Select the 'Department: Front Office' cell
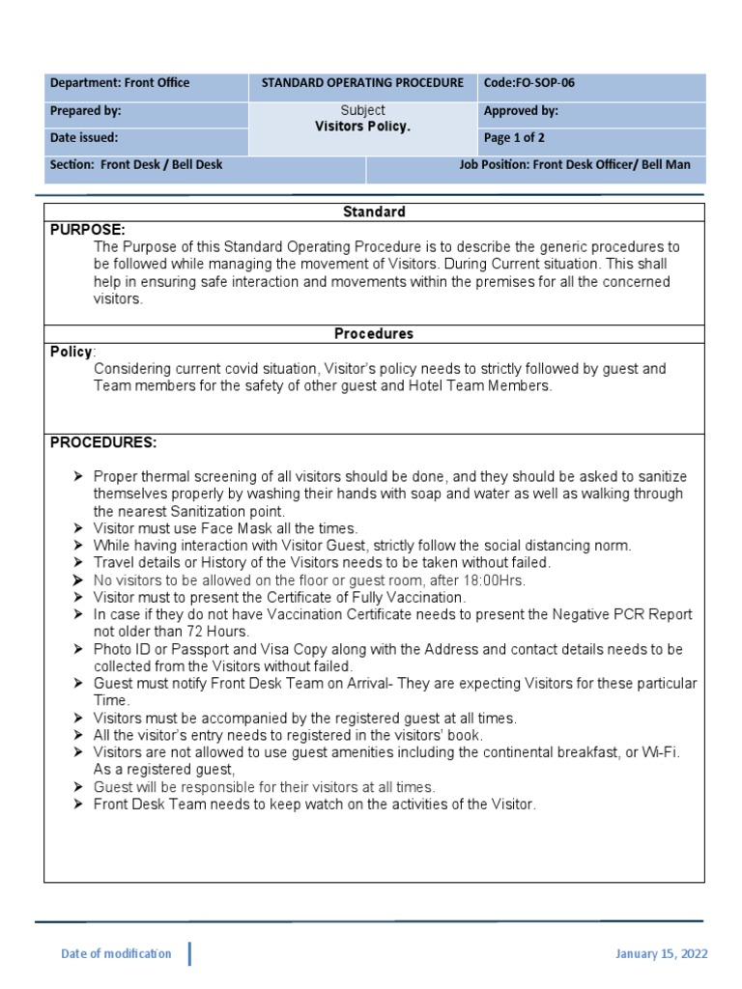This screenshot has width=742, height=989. pyautogui.click(x=120, y=83)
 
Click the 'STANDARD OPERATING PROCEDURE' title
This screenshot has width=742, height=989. pyautogui.click(x=362, y=83)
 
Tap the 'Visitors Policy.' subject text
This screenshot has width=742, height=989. pyautogui.click(x=362, y=127)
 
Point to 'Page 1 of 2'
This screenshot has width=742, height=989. pyautogui.click(x=514, y=138)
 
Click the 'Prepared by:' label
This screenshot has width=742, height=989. pyautogui.click(x=85, y=111)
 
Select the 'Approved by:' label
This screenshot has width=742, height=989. pyautogui.click(x=521, y=111)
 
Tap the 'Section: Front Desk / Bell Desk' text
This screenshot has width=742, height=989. pyautogui.click(x=136, y=165)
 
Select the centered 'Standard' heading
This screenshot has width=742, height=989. pyautogui.click(x=374, y=212)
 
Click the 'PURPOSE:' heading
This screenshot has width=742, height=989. pyautogui.click(x=87, y=230)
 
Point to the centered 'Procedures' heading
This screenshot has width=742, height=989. pyautogui.click(x=374, y=333)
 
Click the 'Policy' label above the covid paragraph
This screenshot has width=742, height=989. pyautogui.click(x=71, y=352)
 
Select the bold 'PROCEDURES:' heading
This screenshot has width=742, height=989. pyautogui.click(x=102, y=442)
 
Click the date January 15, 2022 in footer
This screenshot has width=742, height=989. pyautogui.click(x=661, y=954)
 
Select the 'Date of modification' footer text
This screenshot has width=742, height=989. pyautogui.click(x=116, y=954)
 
